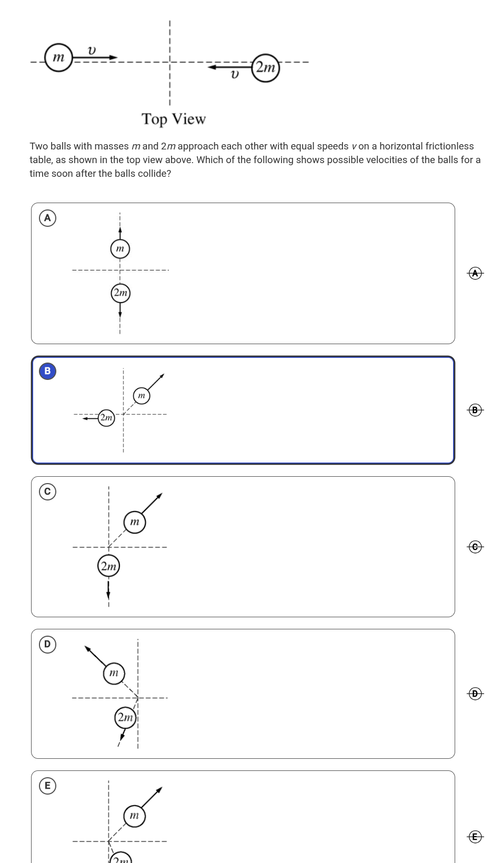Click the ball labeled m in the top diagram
58,57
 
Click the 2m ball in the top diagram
265,68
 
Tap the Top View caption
174,119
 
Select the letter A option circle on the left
47,218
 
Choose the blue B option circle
47,371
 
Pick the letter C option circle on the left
47,491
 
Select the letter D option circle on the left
47,644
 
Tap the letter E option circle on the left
47,786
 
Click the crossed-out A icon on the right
475,274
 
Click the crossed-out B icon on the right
475,410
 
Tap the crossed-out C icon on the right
475,547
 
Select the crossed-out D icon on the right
475,694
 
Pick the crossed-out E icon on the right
475,837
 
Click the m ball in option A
120,248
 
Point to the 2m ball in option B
106,418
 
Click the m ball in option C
135,522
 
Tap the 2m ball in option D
126,717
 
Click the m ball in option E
135,816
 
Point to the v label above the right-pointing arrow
92,51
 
